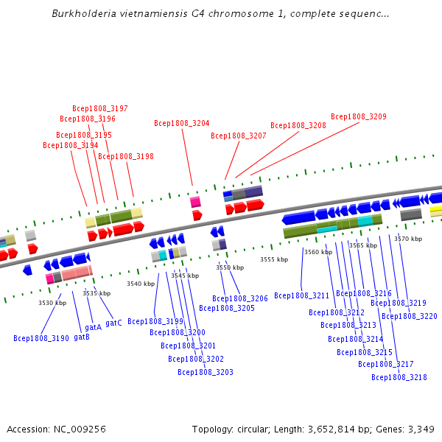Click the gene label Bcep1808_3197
(x=99, y=108)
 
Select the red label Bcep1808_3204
(x=181, y=123)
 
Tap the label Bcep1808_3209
(x=358, y=116)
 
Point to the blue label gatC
(x=113, y=323)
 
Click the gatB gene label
(x=82, y=337)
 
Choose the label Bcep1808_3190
(x=41, y=338)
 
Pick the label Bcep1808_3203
(x=205, y=372)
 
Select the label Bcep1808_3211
(x=301, y=295)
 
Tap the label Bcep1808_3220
(x=409, y=316)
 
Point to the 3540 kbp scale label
(x=141, y=284)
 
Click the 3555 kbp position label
(x=274, y=259)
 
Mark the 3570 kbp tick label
(x=408, y=239)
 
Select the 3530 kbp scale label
(x=52, y=303)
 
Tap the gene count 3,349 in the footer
(x=421, y=429)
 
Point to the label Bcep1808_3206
(x=239, y=298)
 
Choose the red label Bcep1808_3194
(x=70, y=145)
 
